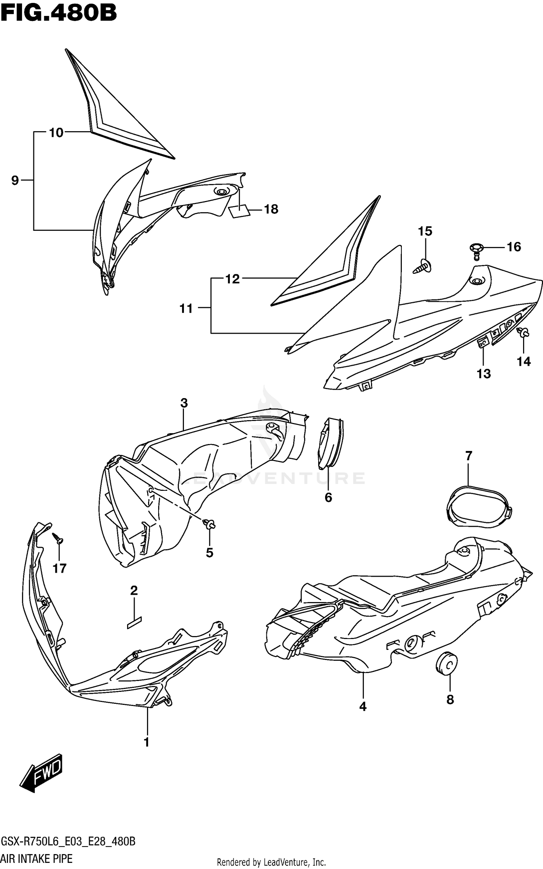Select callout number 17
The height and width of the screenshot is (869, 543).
60,568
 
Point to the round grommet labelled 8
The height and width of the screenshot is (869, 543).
447,665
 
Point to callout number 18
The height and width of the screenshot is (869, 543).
271,209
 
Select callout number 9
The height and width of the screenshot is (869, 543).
15,180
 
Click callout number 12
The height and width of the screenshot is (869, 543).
232,279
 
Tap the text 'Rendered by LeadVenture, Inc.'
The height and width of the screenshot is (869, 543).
271,862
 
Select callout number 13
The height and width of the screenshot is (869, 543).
484,373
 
